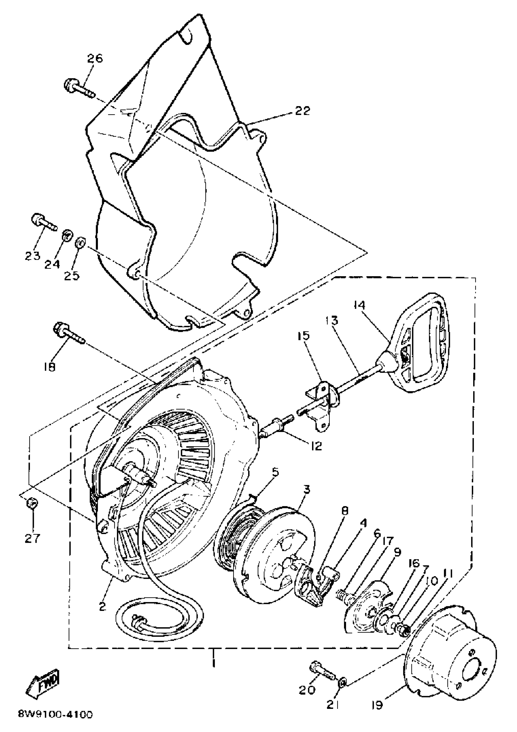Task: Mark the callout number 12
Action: (316, 446)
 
